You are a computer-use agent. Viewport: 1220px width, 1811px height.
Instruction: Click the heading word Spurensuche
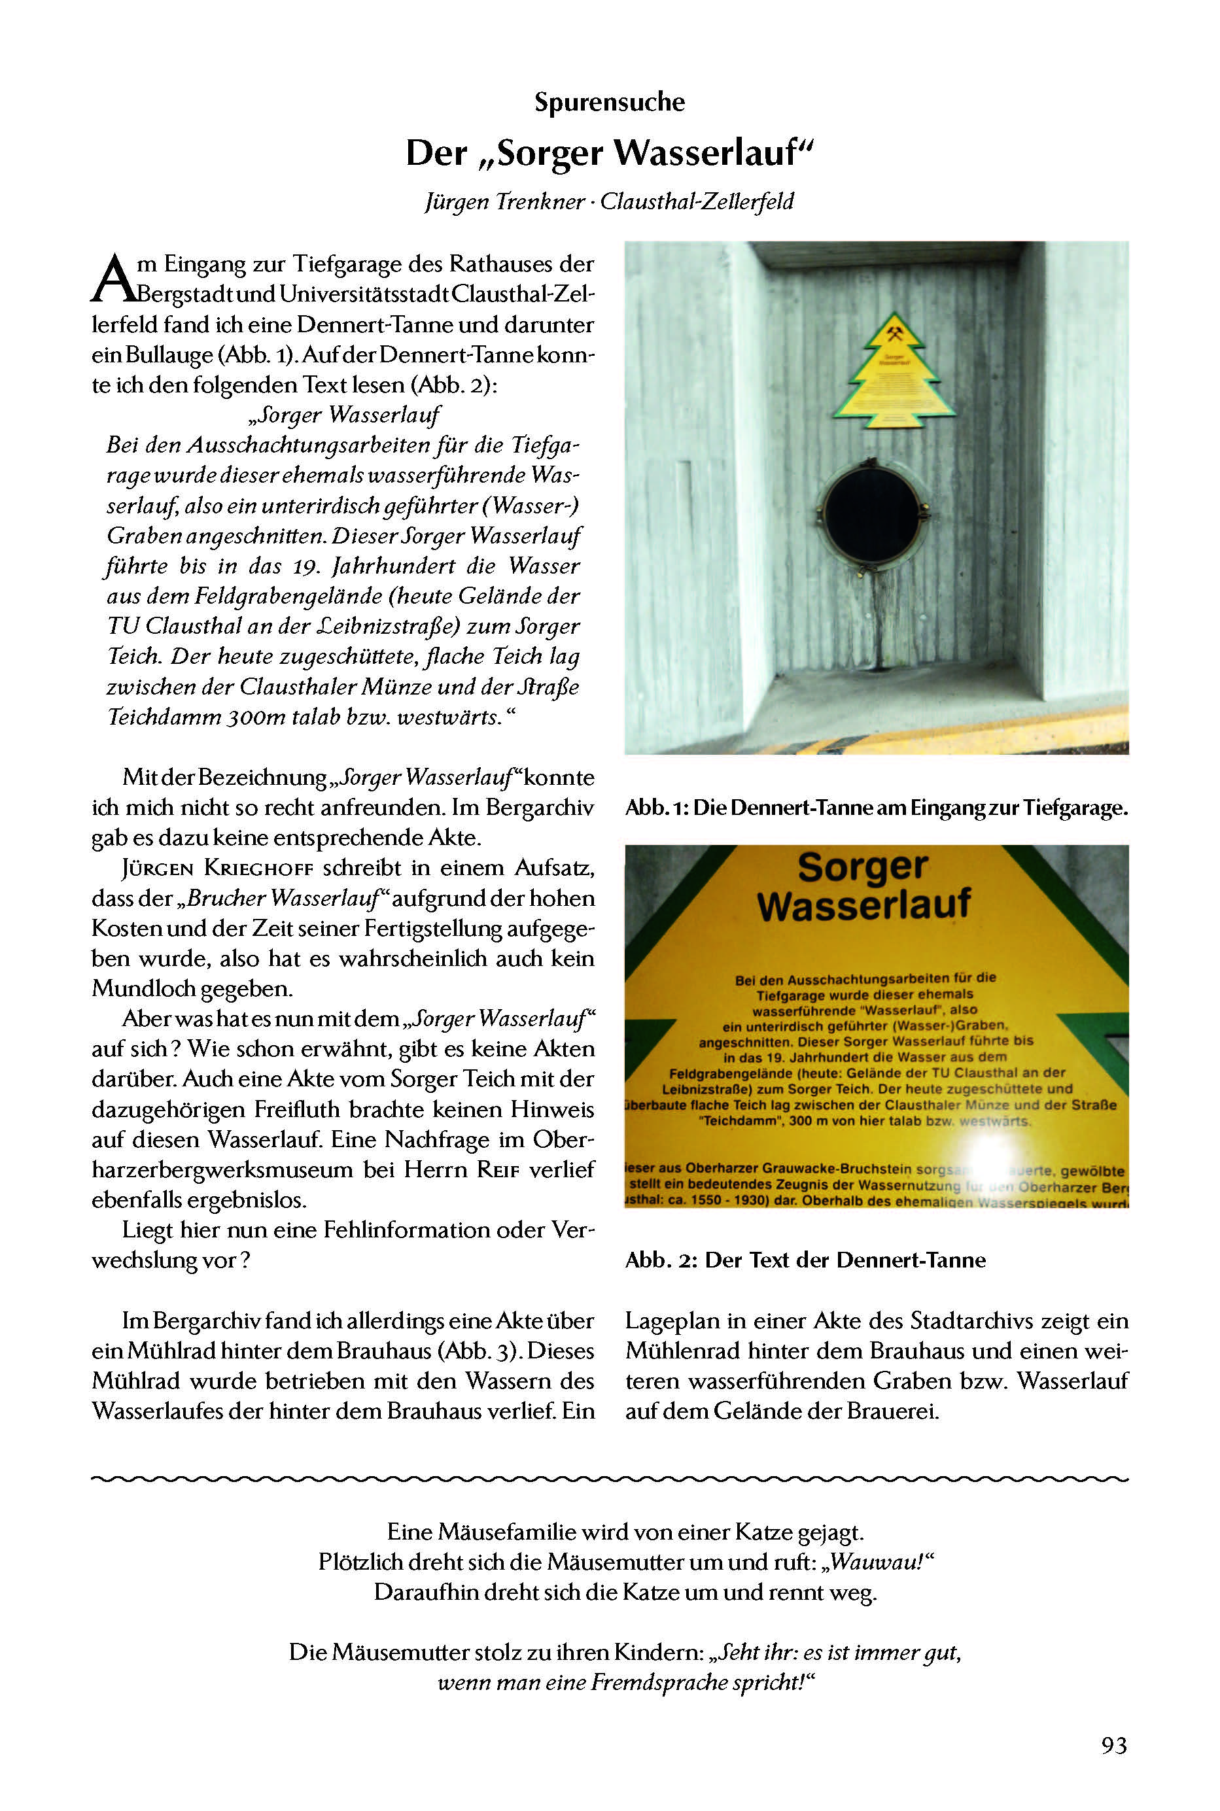click(609, 102)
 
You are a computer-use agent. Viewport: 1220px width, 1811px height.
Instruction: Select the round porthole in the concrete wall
click(871, 517)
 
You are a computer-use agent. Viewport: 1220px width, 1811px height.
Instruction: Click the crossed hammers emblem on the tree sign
click(895, 336)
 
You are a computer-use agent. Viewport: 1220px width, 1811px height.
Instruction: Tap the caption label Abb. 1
click(657, 808)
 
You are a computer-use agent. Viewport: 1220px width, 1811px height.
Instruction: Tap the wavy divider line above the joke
click(609, 1477)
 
